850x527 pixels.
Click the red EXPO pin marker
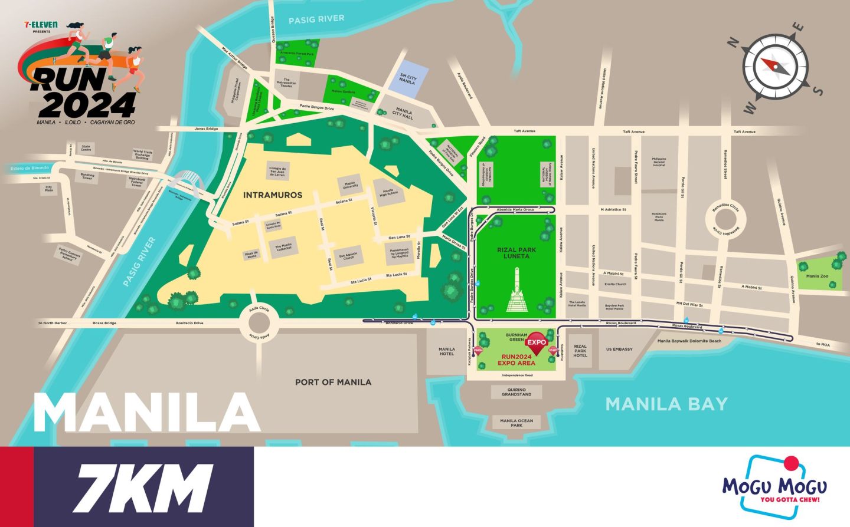[537, 344]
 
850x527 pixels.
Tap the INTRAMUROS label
[273, 195]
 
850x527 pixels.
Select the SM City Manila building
[407, 78]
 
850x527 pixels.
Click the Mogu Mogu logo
[774, 487]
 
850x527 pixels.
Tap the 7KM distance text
[142, 487]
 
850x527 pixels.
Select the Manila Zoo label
[817, 276]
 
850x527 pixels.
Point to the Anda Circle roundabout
[259, 323]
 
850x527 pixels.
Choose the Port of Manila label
[333, 382]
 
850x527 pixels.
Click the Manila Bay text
[666, 404]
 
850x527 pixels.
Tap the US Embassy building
[619, 350]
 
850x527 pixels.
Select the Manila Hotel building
[447, 352]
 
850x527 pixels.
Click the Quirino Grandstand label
[516, 392]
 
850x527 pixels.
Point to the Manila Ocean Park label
[516, 423]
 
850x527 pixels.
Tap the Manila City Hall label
[404, 113]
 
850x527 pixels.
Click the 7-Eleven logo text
[41, 25]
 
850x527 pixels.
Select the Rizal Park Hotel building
[580, 351]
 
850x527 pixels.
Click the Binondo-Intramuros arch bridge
[184, 180]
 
